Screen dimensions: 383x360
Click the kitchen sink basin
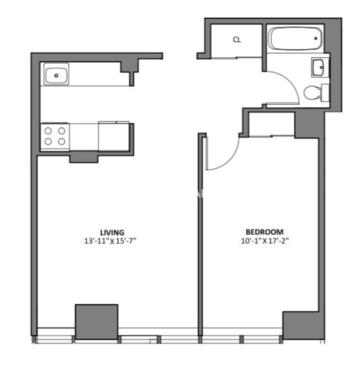pyautogui.click(x=57, y=75)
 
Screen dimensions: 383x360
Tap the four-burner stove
pyautogui.click(x=55, y=136)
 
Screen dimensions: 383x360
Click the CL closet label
pyautogui.click(x=237, y=40)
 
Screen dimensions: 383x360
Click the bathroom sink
pyautogui.click(x=318, y=67)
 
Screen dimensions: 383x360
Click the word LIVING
pyautogui.click(x=112, y=232)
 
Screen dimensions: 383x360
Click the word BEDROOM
pyautogui.click(x=265, y=232)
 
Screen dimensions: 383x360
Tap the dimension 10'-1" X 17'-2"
pyautogui.click(x=265, y=241)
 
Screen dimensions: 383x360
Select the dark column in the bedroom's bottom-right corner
pyautogui.click(x=300, y=326)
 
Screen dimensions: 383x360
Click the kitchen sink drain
pyautogui.click(x=57, y=75)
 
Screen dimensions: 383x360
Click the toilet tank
pyautogui.click(x=325, y=93)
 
